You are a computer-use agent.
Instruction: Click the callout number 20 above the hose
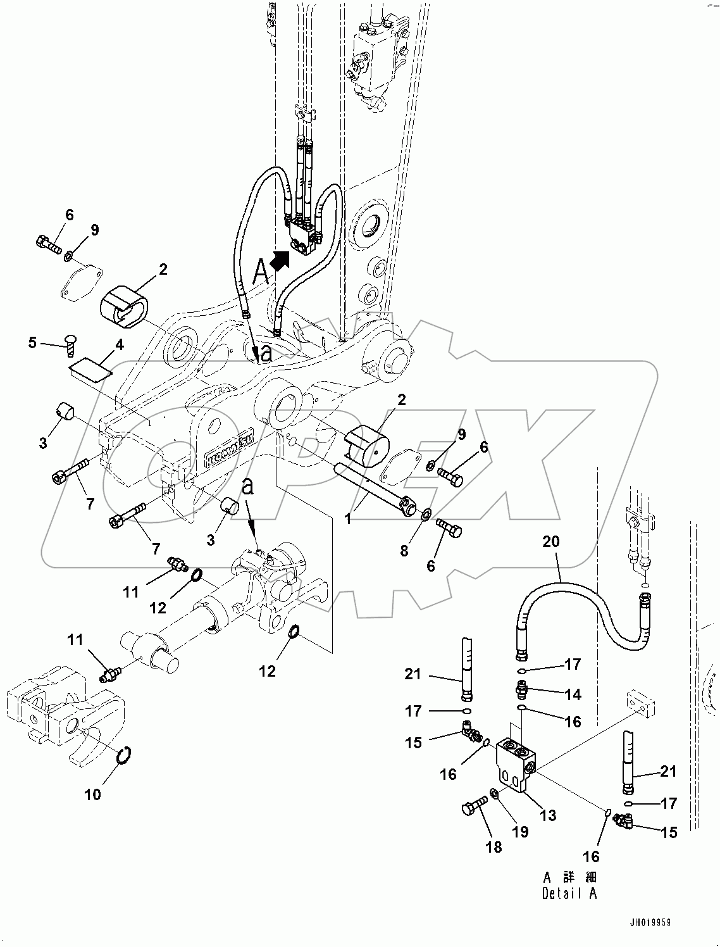click(x=551, y=542)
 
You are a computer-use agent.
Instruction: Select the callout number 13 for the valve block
click(x=548, y=815)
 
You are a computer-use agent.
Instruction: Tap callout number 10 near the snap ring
click(x=93, y=794)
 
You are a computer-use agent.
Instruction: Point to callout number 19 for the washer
click(x=520, y=832)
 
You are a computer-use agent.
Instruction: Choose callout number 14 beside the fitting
click(x=573, y=694)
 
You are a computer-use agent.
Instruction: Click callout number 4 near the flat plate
click(x=118, y=345)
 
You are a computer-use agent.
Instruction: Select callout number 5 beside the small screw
click(x=32, y=343)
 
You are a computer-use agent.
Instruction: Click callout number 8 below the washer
click(x=404, y=551)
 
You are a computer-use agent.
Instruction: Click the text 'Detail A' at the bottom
click(x=569, y=893)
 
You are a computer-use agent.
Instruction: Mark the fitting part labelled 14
click(x=523, y=687)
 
